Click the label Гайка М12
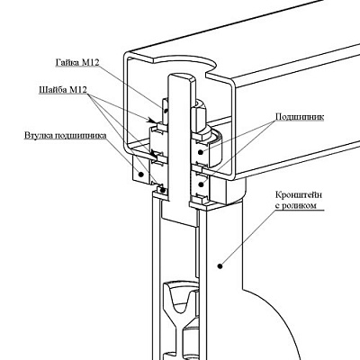(x=77, y=62)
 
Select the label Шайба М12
(x=63, y=90)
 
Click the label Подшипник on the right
(x=300, y=117)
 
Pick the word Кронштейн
(x=299, y=195)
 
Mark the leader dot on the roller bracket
(x=220, y=265)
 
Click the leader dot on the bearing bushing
(x=140, y=174)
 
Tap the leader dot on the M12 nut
(x=166, y=112)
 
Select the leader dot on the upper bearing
(x=201, y=152)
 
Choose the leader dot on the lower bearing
(x=201, y=184)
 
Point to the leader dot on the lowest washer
(x=163, y=190)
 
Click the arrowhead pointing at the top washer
(x=152, y=121)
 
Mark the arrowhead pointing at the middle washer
(x=154, y=156)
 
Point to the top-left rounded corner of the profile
(x=127, y=57)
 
